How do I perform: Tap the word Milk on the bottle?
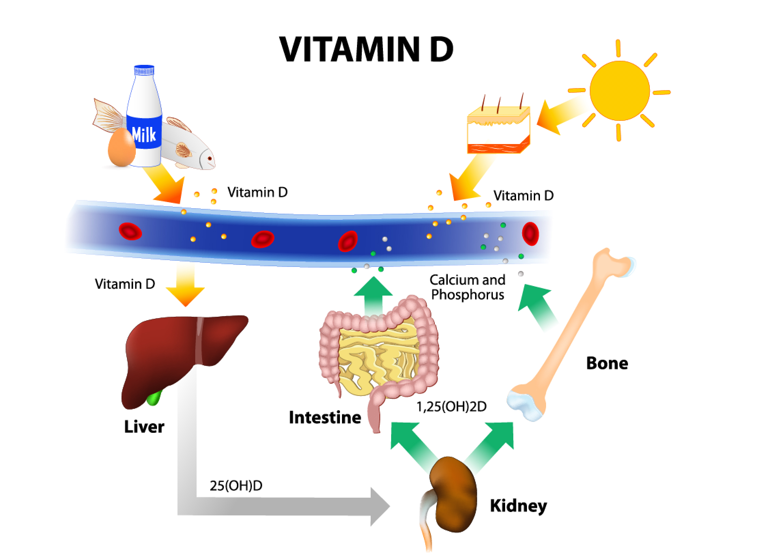(144, 134)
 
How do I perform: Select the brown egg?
(121, 148)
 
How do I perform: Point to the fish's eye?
(210, 158)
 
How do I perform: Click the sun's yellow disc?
(619, 90)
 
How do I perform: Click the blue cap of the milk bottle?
(144, 71)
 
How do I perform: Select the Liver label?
(144, 427)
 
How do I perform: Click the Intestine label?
(325, 417)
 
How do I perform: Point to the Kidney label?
(518, 506)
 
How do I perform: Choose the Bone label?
(607, 363)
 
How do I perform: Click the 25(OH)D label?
(236, 486)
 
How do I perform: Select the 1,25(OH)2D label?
(452, 407)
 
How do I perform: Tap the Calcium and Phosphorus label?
(468, 287)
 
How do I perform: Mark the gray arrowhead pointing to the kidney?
(379, 506)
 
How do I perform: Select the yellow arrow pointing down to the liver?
(185, 286)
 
